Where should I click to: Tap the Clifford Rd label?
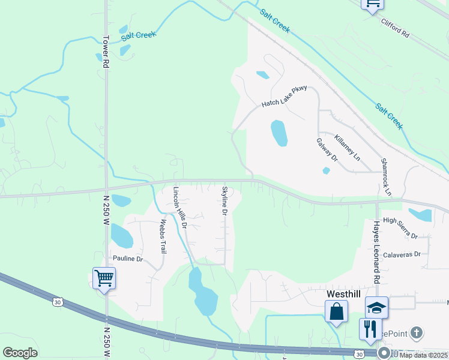(395, 28)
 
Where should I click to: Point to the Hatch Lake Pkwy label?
(285, 97)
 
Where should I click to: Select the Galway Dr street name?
(327, 150)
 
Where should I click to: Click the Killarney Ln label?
(348, 147)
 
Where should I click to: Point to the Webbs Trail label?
(161, 236)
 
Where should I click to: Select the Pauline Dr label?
(128, 259)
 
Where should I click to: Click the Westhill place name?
(344, 294)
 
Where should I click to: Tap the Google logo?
(20, 353)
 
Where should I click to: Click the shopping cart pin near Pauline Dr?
(104, 278)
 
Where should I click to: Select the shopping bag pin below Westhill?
(336, 311)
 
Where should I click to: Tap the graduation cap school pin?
(376, 308)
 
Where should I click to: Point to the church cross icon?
(417, 332)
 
